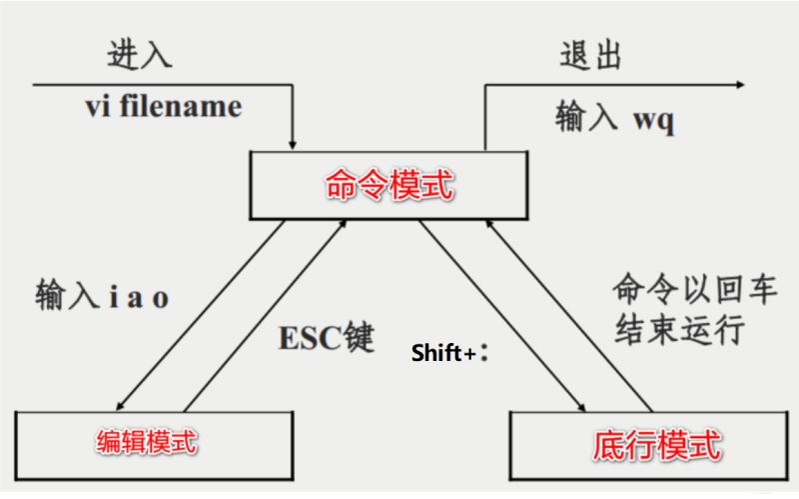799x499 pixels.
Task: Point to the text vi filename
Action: click(x=162, y=106)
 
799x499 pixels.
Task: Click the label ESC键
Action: click(x=325, y=336)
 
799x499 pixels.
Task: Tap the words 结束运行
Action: click(x=679, y=329)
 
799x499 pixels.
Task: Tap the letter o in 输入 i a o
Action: click(x=161, y=299)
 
